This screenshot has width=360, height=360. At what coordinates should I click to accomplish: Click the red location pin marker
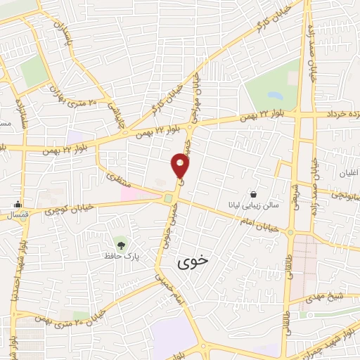point(181,166)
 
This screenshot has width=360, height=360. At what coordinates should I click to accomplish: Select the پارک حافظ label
point(123,257)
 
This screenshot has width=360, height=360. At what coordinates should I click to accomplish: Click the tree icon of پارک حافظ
point(122,245)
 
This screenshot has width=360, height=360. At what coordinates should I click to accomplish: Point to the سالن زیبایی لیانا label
point(253,205)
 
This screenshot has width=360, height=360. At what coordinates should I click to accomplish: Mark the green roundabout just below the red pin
point(167,200)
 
